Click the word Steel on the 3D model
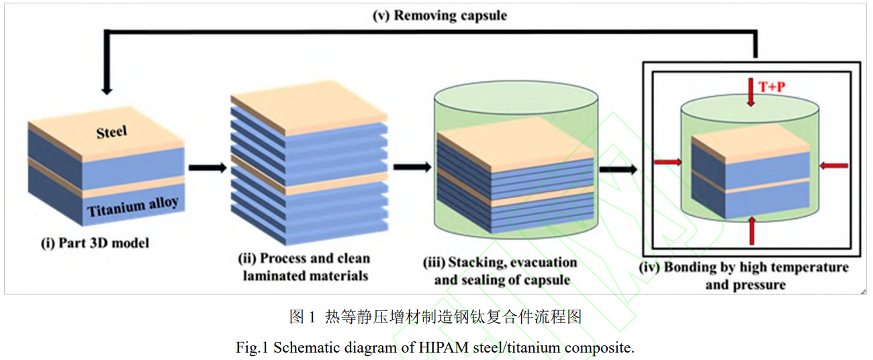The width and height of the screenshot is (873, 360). (112, 132)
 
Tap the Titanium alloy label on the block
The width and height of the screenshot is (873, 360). (132, 206)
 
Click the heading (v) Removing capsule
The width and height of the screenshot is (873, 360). (440, 15)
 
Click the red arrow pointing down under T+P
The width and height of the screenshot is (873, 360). (751, 94)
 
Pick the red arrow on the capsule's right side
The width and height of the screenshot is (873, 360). (835, 165)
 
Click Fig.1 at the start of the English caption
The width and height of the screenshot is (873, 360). (252, 347)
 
